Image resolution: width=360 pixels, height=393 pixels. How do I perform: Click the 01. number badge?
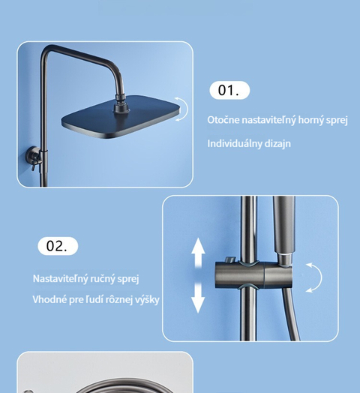pyautogui.click(x=229, y=90)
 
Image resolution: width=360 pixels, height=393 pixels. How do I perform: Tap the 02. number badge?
pyautogui.click(x=58, y=246)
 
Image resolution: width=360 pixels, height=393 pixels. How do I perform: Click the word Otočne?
pyautogui.click(x=223, y=120)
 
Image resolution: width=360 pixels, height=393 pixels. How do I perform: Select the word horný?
pyautogui.click(x=310, y=120)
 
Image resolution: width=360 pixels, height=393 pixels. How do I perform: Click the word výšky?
pyautogui.click(x=148, y=300)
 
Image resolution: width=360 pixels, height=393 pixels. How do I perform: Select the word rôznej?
pyautogui.click(x=119, y=300)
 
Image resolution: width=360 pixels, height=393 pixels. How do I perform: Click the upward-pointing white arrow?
pyautogui.click(x=198, y=253)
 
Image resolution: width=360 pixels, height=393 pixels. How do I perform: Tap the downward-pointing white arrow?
pyautogui.click(x=198, y=298)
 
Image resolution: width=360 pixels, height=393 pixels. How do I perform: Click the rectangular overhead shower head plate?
pyautogui.click(x=121, y=117)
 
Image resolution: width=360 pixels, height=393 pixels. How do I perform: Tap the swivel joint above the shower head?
pyautogui.click(x=121, y=104)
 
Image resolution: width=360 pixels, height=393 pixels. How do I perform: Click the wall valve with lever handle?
pyautogui.click(x=34, y=156)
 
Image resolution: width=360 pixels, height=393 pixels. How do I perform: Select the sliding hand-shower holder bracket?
pyautogui.click(x=253, y=275)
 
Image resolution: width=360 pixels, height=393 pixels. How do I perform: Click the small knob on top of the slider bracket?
pyautogui.click(x=230, y=259)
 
